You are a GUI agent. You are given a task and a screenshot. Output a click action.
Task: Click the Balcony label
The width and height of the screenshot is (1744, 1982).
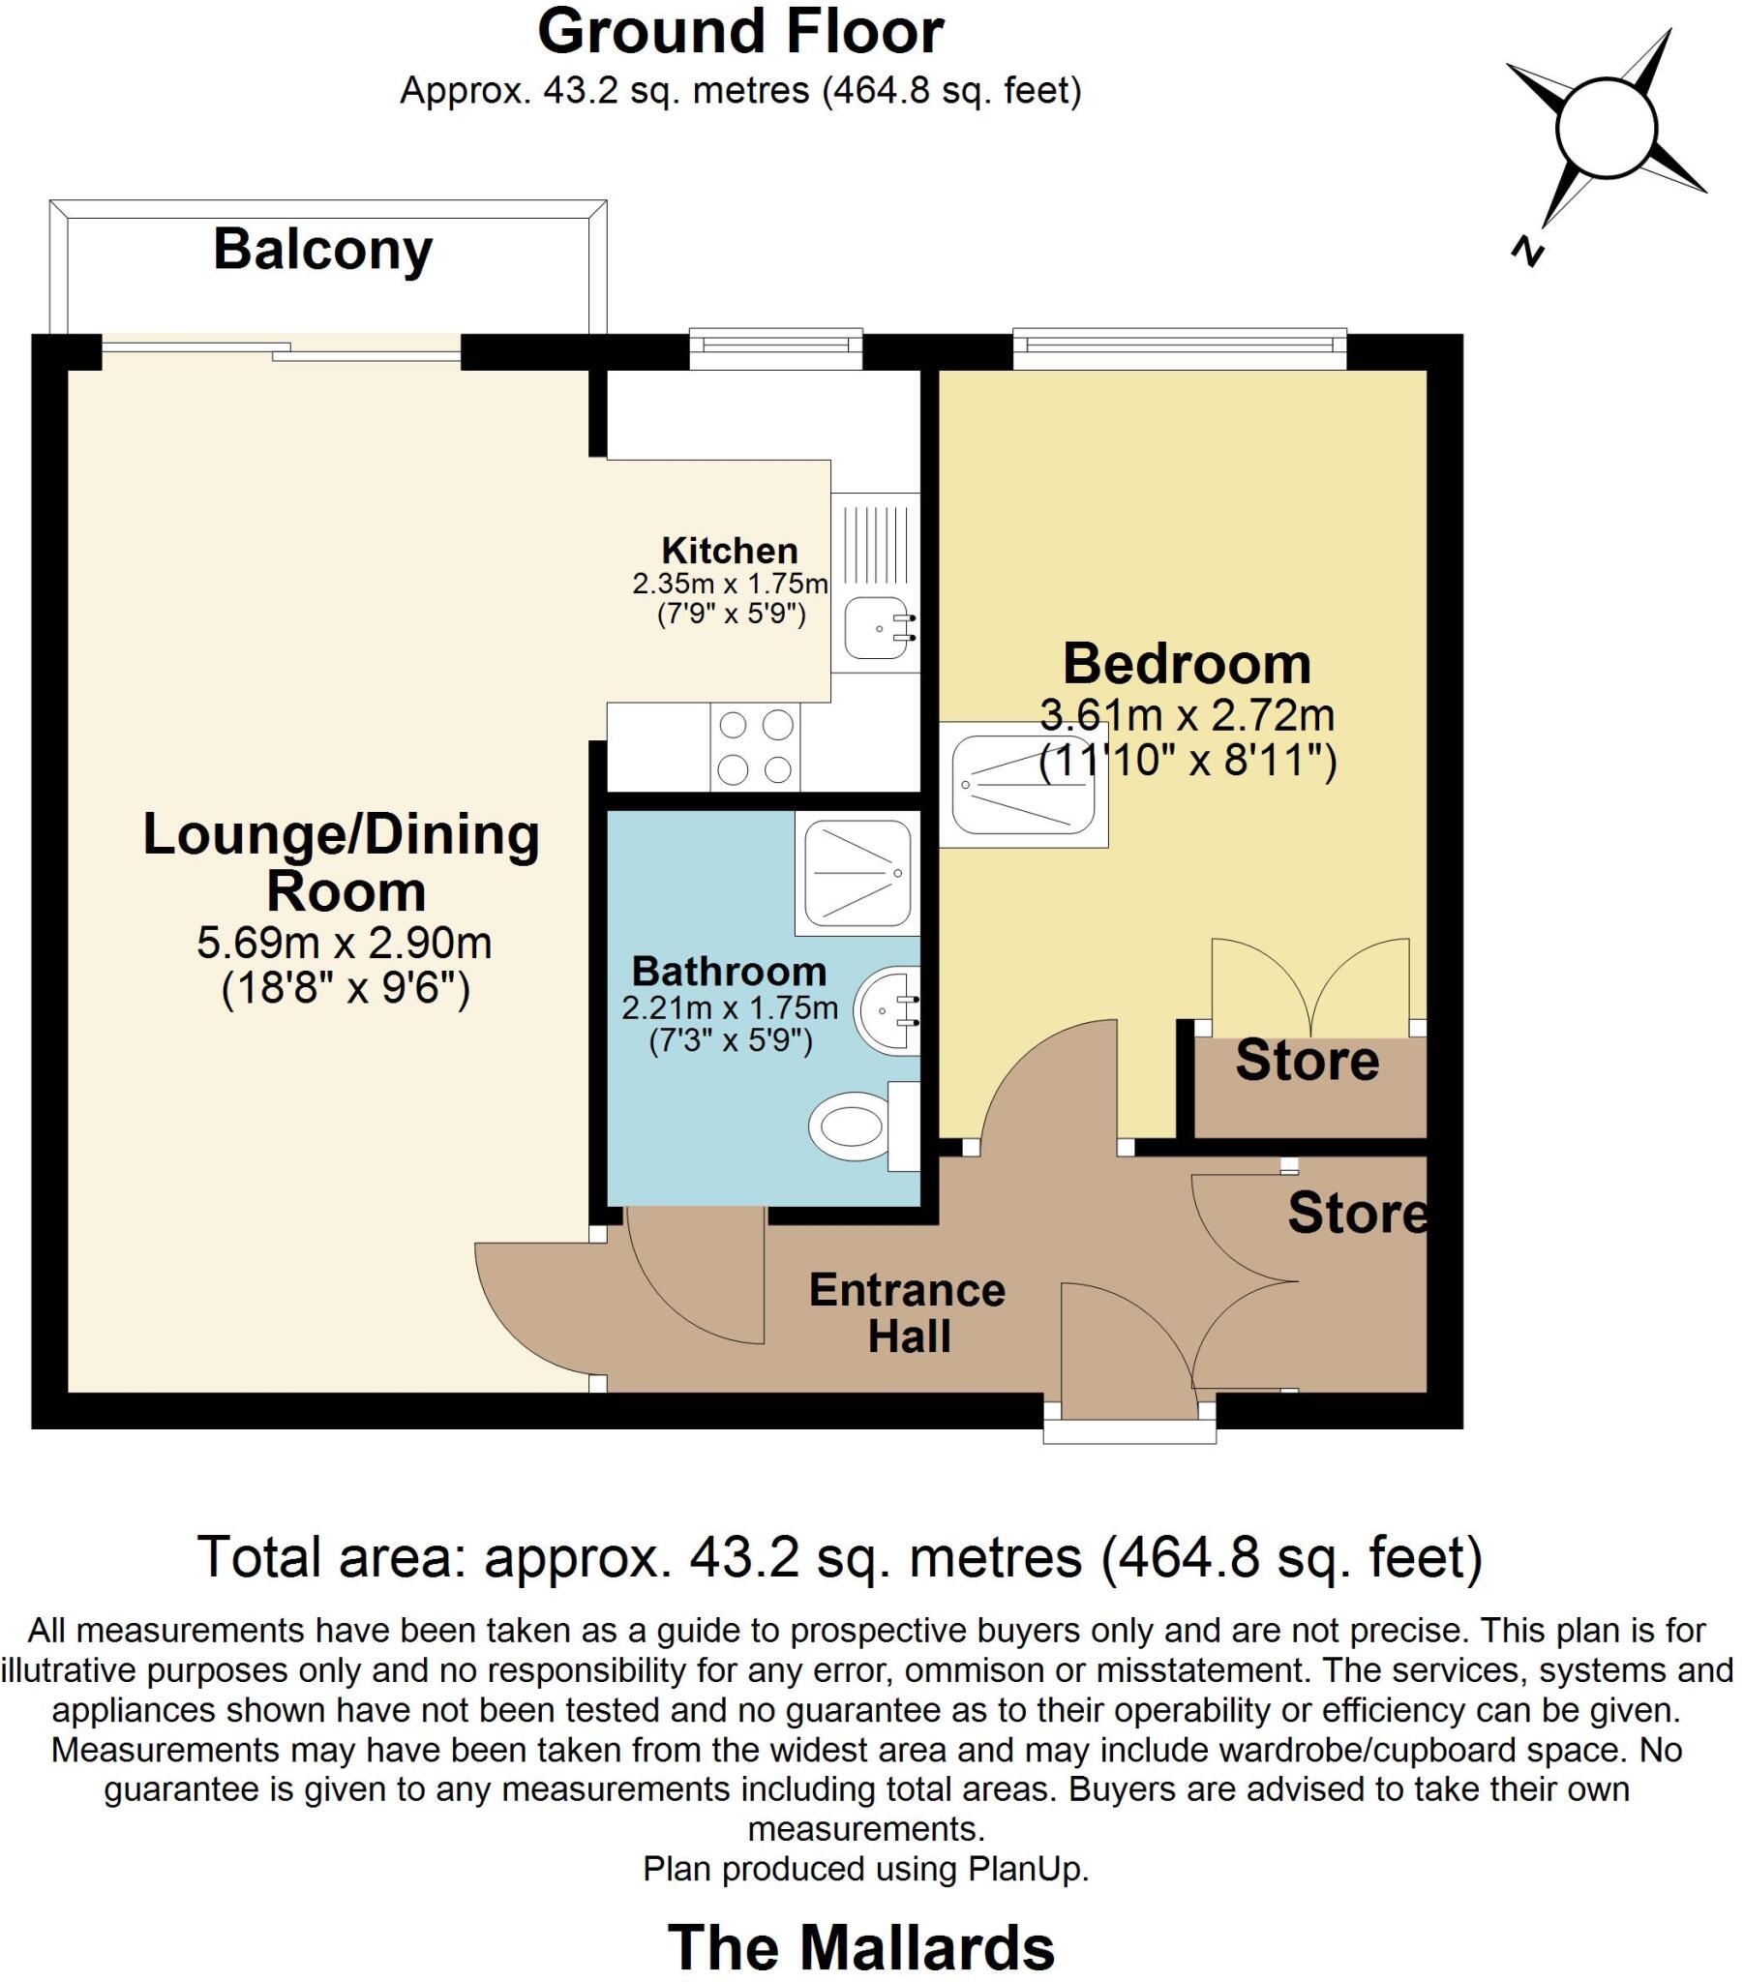click(x=323, y=251)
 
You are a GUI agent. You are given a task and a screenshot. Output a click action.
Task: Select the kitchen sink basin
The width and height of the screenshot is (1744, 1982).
click(x=875, y=628)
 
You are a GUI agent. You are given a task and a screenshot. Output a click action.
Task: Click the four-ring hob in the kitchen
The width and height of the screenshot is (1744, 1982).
click(x=755, y=748)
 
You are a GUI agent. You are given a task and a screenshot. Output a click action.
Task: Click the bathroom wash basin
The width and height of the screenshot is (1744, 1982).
click(x=887, y=1010)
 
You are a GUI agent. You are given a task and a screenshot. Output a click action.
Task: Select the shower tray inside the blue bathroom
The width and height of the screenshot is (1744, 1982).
click(x=857, y=874)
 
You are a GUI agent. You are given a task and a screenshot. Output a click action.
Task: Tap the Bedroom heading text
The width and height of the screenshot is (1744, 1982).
click(x=1187, y=664)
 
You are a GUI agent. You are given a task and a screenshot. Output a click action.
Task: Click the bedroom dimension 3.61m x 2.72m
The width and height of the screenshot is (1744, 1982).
click(x=1187, y=715)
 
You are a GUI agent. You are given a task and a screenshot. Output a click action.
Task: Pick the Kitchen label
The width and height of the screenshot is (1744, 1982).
click(x=730, y=551)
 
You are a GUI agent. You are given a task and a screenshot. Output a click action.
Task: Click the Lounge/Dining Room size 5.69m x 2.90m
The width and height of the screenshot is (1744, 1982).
click(x=345, y=943)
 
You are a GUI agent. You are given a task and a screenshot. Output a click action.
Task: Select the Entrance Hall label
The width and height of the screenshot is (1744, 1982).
click(x=907, y=1313)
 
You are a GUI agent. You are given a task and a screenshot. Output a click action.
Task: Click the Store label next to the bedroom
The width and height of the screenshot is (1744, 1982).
click(x=1307, y=1061)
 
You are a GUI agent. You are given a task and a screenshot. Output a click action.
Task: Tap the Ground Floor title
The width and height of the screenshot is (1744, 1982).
click(x=740, y=32)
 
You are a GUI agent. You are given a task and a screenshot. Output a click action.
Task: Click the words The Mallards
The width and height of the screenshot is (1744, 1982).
click(x=860, y=1946)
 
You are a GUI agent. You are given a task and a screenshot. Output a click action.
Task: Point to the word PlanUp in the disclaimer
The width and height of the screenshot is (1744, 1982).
click(x=1026, y=1869)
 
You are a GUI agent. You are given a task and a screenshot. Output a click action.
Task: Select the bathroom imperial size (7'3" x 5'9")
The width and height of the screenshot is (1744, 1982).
click(x=730, y=1041)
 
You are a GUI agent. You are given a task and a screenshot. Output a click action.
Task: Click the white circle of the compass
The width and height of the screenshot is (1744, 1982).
click(x=1607, y=129)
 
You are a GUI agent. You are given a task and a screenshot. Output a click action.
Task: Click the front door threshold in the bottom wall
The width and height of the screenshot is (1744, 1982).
click(x=1129, y=1431)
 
